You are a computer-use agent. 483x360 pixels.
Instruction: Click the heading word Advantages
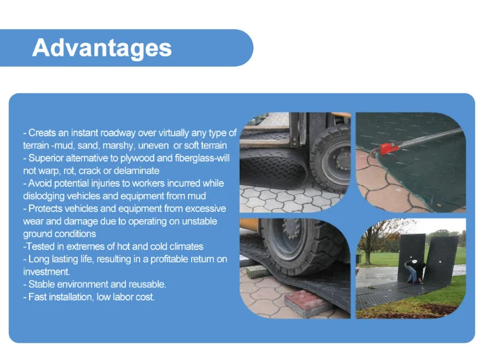(x=102, y=48)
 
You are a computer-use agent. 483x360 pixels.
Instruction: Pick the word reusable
(x=146, y=284)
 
